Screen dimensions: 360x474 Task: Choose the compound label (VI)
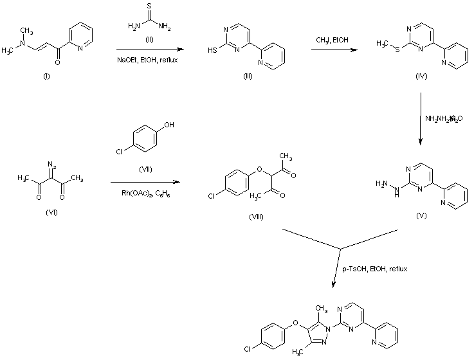(x=48, y=212)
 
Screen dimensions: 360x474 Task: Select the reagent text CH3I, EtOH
(x=333, y=39)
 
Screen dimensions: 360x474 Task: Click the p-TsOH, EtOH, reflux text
(x=375, y=268)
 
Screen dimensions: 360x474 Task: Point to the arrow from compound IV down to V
(x=420, y=119)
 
